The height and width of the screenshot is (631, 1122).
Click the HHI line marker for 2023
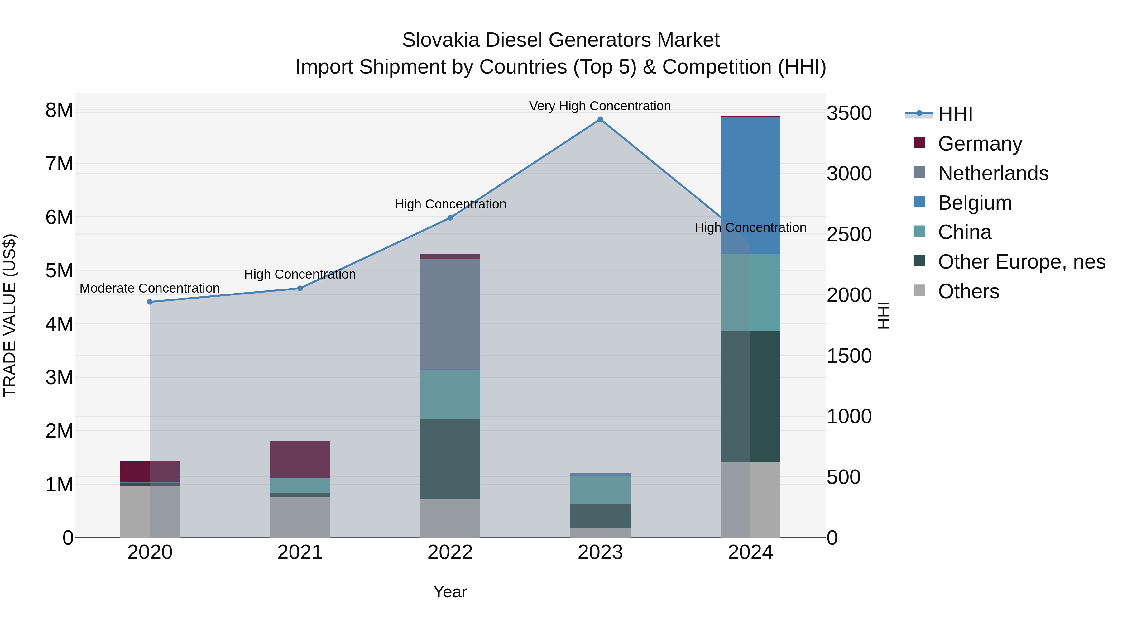[x=600, y=119]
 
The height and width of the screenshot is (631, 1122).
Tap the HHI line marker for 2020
[x=150, y=302]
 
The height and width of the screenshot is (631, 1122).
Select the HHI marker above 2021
[x=300, y=288]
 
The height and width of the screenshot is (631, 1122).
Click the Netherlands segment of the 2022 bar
[x=450, y=314]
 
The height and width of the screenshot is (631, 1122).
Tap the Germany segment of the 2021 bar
[x=300, y=459]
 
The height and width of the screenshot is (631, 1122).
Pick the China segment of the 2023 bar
[x=600, y=490]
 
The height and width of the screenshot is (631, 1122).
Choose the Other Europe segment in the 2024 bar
[x=750, y=396]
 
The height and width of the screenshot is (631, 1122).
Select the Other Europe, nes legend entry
[x=1021, y=262]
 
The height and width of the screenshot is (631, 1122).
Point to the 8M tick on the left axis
[x=59, y=111]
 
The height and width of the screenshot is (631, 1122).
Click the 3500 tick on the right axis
[x=849, y=114]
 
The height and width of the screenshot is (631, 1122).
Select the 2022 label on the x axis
[x=450, y=552]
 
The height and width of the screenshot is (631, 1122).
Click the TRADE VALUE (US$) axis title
[x=10, y=315]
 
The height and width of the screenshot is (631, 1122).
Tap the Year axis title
[x=450, y=592]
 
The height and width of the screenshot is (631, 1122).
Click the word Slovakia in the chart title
[x=440, y=40]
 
